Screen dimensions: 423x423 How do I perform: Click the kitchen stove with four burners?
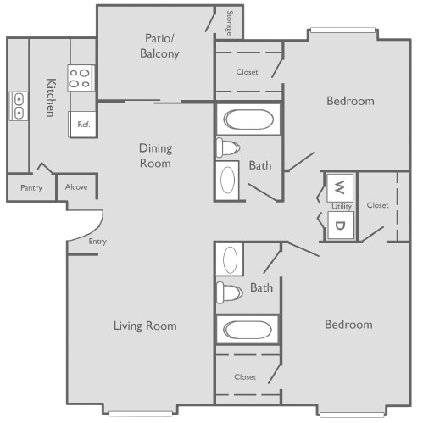coord(81,78)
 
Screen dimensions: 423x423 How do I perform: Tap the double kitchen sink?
coord(19,106)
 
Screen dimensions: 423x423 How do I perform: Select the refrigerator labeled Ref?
coord(83,125)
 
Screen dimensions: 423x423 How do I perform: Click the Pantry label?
coord(31,188)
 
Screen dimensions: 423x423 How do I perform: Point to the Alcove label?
coord(76,186)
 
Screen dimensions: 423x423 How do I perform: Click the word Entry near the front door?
coord(97,242)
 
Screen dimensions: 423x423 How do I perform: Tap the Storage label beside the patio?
coord(230,23)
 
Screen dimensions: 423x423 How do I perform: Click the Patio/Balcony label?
coord(159,46)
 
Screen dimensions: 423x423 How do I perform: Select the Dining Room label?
coord(155,156)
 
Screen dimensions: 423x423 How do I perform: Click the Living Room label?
coord(145,326)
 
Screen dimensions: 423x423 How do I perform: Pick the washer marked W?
coord(340,187)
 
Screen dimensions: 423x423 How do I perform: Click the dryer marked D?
coord(340,225)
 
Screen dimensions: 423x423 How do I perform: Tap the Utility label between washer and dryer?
coord(342,206)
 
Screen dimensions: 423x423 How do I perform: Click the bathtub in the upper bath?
coord(248,120)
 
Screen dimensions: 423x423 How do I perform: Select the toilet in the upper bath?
coord(228,147)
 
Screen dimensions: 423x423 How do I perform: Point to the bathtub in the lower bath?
coord(248,330)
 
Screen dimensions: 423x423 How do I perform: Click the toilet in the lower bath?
coord(229,292)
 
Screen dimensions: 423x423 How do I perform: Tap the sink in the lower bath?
coord(230,259)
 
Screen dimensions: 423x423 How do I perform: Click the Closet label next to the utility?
coord(377,205)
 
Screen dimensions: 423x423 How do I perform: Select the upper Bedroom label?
coord(350,101)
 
